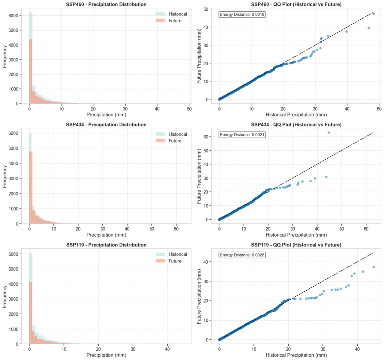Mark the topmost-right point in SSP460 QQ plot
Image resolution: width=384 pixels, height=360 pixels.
[x=373, y=13]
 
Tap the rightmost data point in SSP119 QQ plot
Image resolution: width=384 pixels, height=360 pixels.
[x=373, y=267]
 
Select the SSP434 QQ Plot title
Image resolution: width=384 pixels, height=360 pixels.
[x=296, y=124]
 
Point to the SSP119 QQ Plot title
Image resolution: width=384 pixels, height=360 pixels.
[x=296, y=245]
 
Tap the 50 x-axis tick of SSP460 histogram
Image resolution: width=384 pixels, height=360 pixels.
[x=189, y=109]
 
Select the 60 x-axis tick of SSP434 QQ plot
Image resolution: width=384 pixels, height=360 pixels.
[x=366, y=229]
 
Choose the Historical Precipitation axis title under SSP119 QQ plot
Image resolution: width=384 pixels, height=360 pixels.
[x=296, y=355]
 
